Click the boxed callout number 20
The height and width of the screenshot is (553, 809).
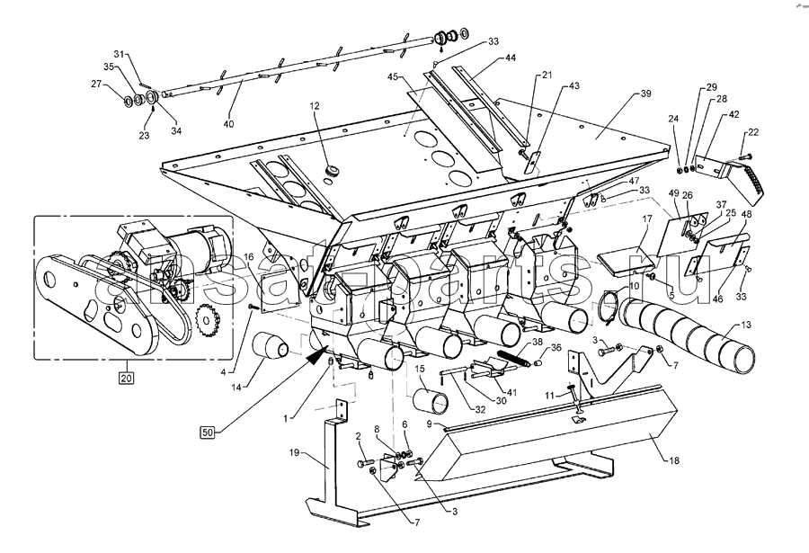tap(126, 378)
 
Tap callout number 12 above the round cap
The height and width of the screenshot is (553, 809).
tap(316, 106)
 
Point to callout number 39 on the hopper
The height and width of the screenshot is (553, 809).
tap(645, 94)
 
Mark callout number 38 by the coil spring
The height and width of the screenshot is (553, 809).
tap(537, 342)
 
